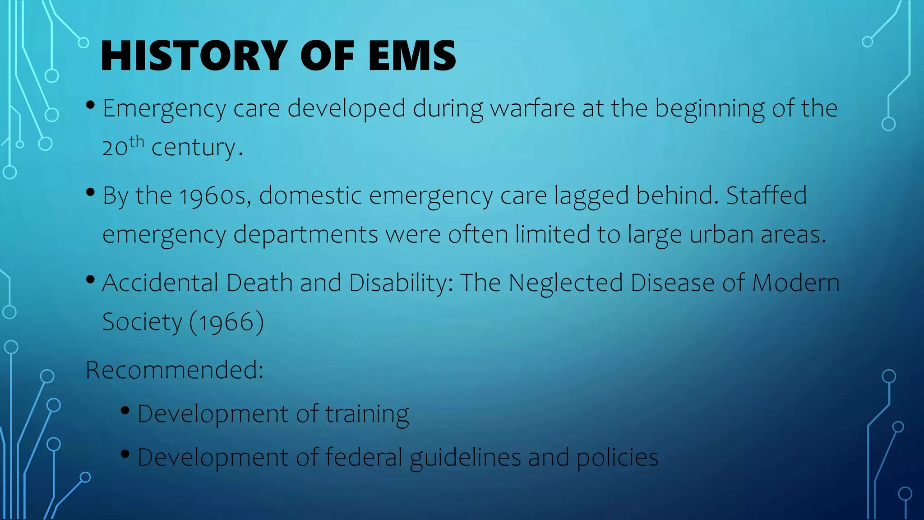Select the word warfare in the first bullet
[532, 108]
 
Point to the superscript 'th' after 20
[136, 142]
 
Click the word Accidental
[160, 283]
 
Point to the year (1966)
[226, 322]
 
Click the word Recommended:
[175, 370]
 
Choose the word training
[367, 414]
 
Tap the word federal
[363, 457]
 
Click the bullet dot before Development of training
[125, 410]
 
